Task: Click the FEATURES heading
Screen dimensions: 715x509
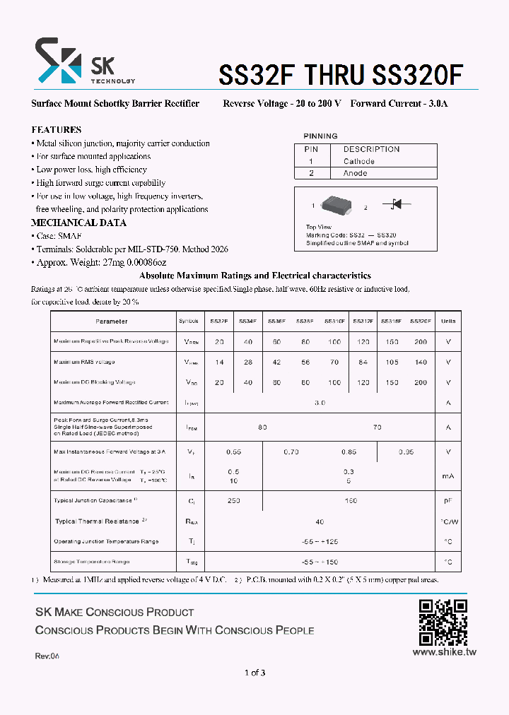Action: tap(57, 130)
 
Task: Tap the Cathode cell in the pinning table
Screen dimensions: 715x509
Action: tap(359, 161)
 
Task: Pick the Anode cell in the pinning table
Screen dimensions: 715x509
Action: tap(356, 173)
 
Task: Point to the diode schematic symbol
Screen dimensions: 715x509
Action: tap(396, 204)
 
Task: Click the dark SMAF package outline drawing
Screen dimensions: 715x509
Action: tap(339, 205)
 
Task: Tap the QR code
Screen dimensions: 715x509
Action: tap(443, 622)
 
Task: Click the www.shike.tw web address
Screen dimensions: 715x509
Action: tap(444, 652)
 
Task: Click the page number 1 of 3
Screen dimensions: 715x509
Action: tap(255, 673)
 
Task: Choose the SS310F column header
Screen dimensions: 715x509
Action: tap(334, 321)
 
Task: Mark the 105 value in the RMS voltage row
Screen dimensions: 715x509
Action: tap(392, 362)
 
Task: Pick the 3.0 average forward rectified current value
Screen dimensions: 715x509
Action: tap(320, 402)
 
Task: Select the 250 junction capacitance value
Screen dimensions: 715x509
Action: tap(234, 500)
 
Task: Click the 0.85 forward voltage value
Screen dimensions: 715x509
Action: tap(349, 451)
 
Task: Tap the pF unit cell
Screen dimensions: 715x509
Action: tap(447, 500)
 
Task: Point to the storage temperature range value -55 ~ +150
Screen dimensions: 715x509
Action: tap(320, 562)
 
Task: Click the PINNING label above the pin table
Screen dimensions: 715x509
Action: tap(320, 136)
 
